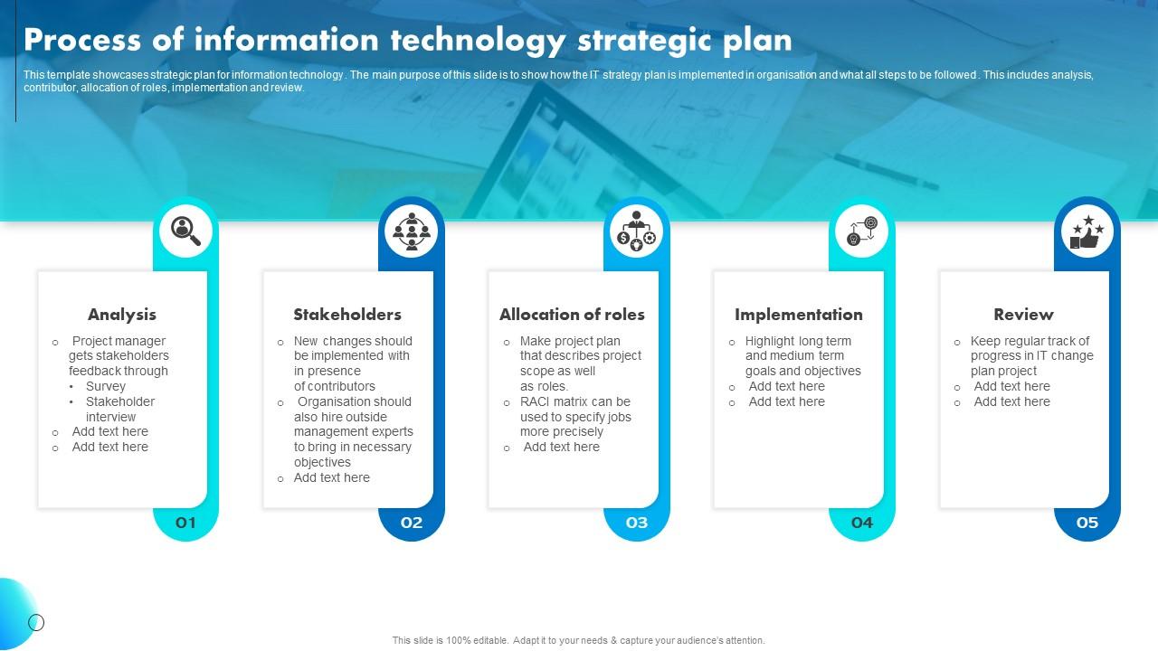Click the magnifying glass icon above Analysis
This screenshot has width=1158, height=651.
coord(185,231)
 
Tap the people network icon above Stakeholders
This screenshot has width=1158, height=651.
coord(412,231)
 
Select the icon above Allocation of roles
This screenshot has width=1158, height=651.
coord(637,231)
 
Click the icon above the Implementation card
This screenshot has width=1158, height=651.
coord(862,231)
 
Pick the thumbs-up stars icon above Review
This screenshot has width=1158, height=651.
coord(1087,231)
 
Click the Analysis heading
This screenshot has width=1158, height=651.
coord(122,315)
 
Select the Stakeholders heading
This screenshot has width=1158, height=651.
coord(347,315)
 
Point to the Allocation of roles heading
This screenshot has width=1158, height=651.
coord(572,315)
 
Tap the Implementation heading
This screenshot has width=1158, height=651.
coord(798,315)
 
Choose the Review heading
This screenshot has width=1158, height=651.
coord(1023,315)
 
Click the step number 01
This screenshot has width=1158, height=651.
coord(185,523)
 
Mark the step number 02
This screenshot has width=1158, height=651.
coord(412,523)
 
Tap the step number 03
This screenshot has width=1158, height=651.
coord(637,523)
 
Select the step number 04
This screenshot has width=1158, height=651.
coord(862,523)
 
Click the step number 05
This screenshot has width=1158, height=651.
coord(1087,523)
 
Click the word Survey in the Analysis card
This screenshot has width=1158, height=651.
coord(106,386)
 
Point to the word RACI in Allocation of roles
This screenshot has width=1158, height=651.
coord(536,401)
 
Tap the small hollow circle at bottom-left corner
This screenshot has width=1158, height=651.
coord(36,622)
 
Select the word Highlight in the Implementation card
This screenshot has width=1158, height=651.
coord(770,341)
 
